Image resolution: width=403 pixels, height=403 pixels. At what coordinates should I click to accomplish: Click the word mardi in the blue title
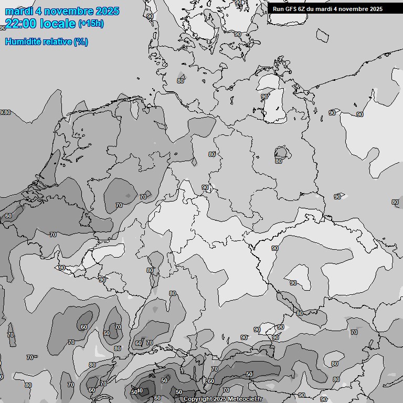pyautogui.click(x=19, y=11)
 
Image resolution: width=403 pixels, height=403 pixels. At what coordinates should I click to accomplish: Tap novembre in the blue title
pyautogui.click(x=68, y=11)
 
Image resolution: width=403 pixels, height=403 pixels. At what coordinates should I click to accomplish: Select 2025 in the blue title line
pyautogui.click(x=107, y=11)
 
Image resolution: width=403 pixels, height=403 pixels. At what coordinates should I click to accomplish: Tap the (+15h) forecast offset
pyautogui.click(x=91, y=23)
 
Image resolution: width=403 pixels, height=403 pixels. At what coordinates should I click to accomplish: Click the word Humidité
pyautogui.click(x=23, y=41)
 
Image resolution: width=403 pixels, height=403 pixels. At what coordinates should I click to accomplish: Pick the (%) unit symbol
pyautogui.click(x=81, y=41)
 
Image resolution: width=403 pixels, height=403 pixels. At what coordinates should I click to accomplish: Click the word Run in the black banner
pyautogui.click(x=278, y=8)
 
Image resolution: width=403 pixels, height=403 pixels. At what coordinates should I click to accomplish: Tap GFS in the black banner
pyautogui.click(x=291, y=8)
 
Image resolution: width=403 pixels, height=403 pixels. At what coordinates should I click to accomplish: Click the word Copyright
pyautogui.click(x=198, y=399)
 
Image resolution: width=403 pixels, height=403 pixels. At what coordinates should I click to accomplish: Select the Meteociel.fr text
pyautogui.click(x=245, y=399)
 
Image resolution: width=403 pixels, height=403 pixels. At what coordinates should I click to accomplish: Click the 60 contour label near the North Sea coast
pyautogui.click(x=8, y=216)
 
